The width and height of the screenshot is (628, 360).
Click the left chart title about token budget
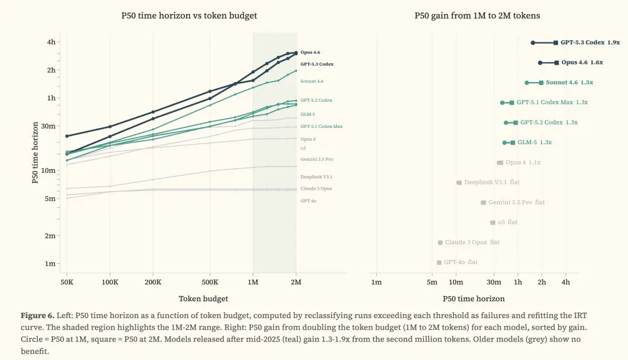click(x=188, y=16)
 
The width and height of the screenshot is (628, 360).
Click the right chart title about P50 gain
click(x=477, y=16)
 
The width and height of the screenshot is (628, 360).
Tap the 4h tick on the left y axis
click(x=52, y=42)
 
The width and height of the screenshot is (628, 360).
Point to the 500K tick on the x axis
click(x=210, y=281)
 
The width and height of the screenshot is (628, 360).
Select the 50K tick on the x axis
click(x=66, y=281)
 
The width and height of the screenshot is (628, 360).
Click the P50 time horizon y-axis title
click(x=35, y=152)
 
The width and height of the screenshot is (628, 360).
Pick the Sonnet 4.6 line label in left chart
click(x=312, y=81)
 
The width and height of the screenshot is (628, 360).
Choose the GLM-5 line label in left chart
click(x=308, y=114)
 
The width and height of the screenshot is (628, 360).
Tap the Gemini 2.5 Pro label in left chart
click(x=316, y=159)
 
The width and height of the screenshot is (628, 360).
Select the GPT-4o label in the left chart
click(x=308, y=201)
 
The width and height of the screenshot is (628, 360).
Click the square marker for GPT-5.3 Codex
click(x=556, y=42)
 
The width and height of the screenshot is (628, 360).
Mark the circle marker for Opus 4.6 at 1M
click(x=540, y=62)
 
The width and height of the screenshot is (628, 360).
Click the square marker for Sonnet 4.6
click(x=541, y=83)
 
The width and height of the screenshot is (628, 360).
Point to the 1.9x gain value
click(x=613, y=42)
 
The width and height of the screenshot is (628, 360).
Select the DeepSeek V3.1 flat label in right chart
click(x=491, y=183)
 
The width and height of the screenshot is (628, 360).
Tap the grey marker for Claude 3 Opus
click(x=440, y=243)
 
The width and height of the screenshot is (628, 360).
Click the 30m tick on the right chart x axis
click(x=494, y=283)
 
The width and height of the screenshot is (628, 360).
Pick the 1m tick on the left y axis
click(x=52, y=263)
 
